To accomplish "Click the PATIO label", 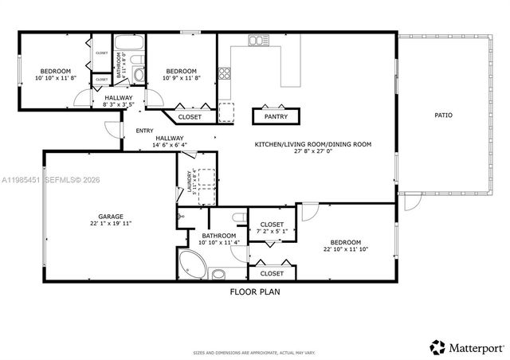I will point(443,115).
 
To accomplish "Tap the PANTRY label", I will point(276,116).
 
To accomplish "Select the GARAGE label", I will point(110,216).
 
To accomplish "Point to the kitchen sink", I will point(257,40).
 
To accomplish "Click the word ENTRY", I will point(144,131).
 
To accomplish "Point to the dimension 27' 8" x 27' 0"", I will point(313,151).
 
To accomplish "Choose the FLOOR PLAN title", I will point(255,292).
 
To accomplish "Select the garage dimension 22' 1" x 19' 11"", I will point(110,224).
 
